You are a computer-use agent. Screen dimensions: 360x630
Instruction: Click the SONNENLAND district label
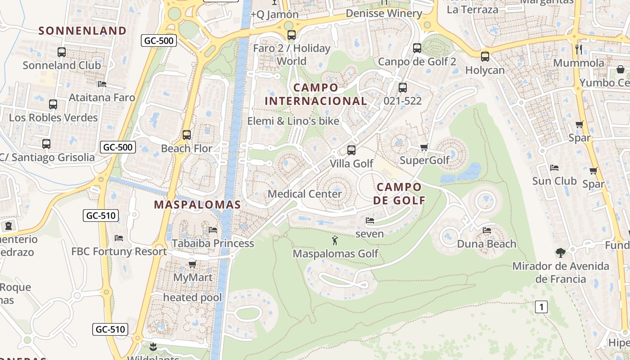tap(82, 31)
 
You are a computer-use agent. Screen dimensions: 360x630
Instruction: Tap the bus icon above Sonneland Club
tap(62, 52)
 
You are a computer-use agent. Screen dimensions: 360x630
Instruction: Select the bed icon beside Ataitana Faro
tap(102, 84)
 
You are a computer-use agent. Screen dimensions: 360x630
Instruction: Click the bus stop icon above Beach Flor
tap(187, 135)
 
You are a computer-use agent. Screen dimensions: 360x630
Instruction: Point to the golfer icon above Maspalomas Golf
tap(335, 240)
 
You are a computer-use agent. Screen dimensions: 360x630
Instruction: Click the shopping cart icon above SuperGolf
tap(424, 147)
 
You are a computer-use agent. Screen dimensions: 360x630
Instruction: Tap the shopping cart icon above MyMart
tap(192, 264)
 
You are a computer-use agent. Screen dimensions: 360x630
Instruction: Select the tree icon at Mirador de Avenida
tap(560, 252)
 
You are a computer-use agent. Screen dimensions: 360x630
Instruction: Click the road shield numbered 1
tap(541, 307)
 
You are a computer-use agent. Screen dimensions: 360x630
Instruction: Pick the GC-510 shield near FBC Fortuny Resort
tap(101, 216)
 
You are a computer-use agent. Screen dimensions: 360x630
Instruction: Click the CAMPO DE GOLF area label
tap(399, 193)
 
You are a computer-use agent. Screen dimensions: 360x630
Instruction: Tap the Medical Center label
tap(305, 194)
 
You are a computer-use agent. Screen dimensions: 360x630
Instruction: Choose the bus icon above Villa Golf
tap(351, 150)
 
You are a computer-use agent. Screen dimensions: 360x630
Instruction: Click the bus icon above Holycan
tap(485, 57)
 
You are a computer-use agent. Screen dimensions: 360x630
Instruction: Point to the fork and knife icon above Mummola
tap(579, 49)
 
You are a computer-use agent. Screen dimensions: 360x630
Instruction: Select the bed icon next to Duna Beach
tap(487, 230)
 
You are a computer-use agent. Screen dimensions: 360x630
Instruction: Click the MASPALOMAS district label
tap(198, 205)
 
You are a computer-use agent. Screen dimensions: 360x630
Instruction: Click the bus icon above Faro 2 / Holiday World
tap(292, 35)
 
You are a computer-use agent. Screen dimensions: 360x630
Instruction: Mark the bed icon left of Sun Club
tap(554, 168)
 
